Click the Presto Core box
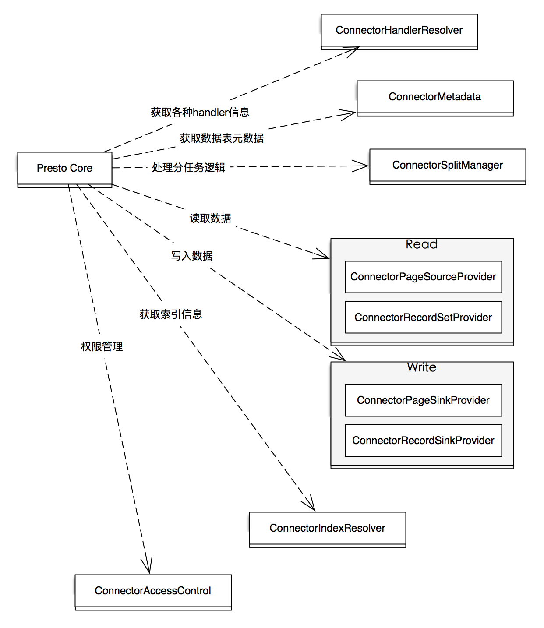[65, 168]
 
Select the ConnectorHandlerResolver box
[399, 31]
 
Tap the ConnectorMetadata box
[435, 97]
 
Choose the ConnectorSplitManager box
[447, 165]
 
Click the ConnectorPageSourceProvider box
[423, 277]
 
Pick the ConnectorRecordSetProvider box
[423, 317]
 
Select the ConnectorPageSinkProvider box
[423, 400]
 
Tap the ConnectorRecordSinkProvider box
[423, 440]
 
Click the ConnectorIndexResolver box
[327, 528]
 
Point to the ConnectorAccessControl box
[153, 591]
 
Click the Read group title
[421, 244]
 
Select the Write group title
[421, 367]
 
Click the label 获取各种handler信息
[200, 113]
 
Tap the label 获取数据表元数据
[222, 138]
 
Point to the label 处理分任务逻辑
[188, 168]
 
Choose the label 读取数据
[210, 218]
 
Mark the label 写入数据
[192, 256]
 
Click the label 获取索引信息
[171, 314]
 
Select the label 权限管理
[102, 347]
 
